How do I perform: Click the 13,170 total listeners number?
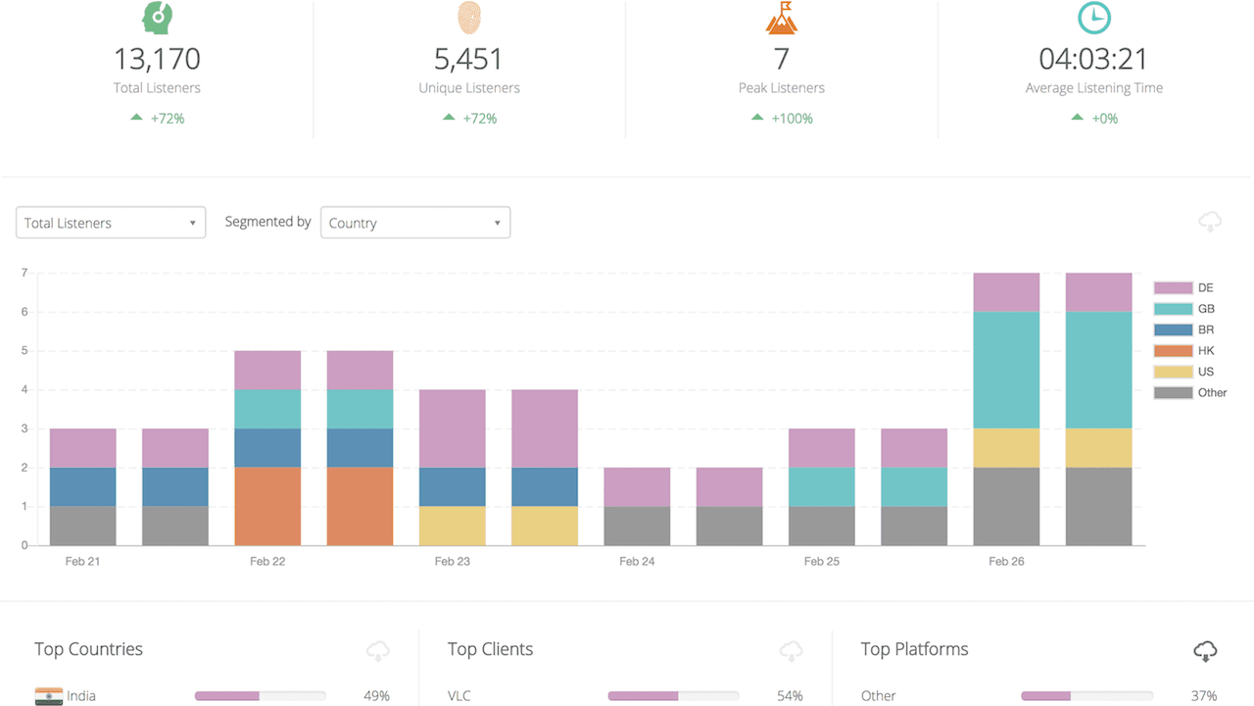pos(157,59)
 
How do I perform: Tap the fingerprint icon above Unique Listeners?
pos(469,18)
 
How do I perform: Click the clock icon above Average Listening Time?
pos(1093,18)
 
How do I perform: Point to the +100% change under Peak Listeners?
pos(792,119)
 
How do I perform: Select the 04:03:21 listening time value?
pos(1093,59)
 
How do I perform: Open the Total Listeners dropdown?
pos(111,223)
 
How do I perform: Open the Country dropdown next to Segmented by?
pos(415,223)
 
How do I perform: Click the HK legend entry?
pos(1190,350)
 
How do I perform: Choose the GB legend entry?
pos(1190,309)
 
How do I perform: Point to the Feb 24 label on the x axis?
pos(637,562)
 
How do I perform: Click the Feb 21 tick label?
pos(82,562)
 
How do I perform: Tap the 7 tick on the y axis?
pos(24,273)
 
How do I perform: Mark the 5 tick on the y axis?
pos(24,350)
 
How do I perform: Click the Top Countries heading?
pos(88,649)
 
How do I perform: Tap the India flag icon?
pos(48,696)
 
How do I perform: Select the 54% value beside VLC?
pos(790,696)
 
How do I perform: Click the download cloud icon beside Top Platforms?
pos(1205,650)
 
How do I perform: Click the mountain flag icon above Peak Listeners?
pos(781,18)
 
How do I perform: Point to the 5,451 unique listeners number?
pos(469,59)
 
